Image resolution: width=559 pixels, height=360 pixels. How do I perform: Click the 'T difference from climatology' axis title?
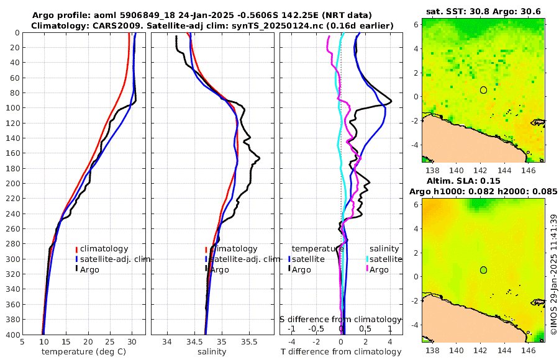(341, 352)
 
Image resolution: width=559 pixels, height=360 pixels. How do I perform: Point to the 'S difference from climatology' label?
(340, 318)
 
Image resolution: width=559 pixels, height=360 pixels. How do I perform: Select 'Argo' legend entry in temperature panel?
(94, 269)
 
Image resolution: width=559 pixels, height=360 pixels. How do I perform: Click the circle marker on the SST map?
(483, 90)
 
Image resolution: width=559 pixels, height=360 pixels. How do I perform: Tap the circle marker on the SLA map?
(483, 270)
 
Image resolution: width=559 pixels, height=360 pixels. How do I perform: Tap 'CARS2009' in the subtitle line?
(114, 25)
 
